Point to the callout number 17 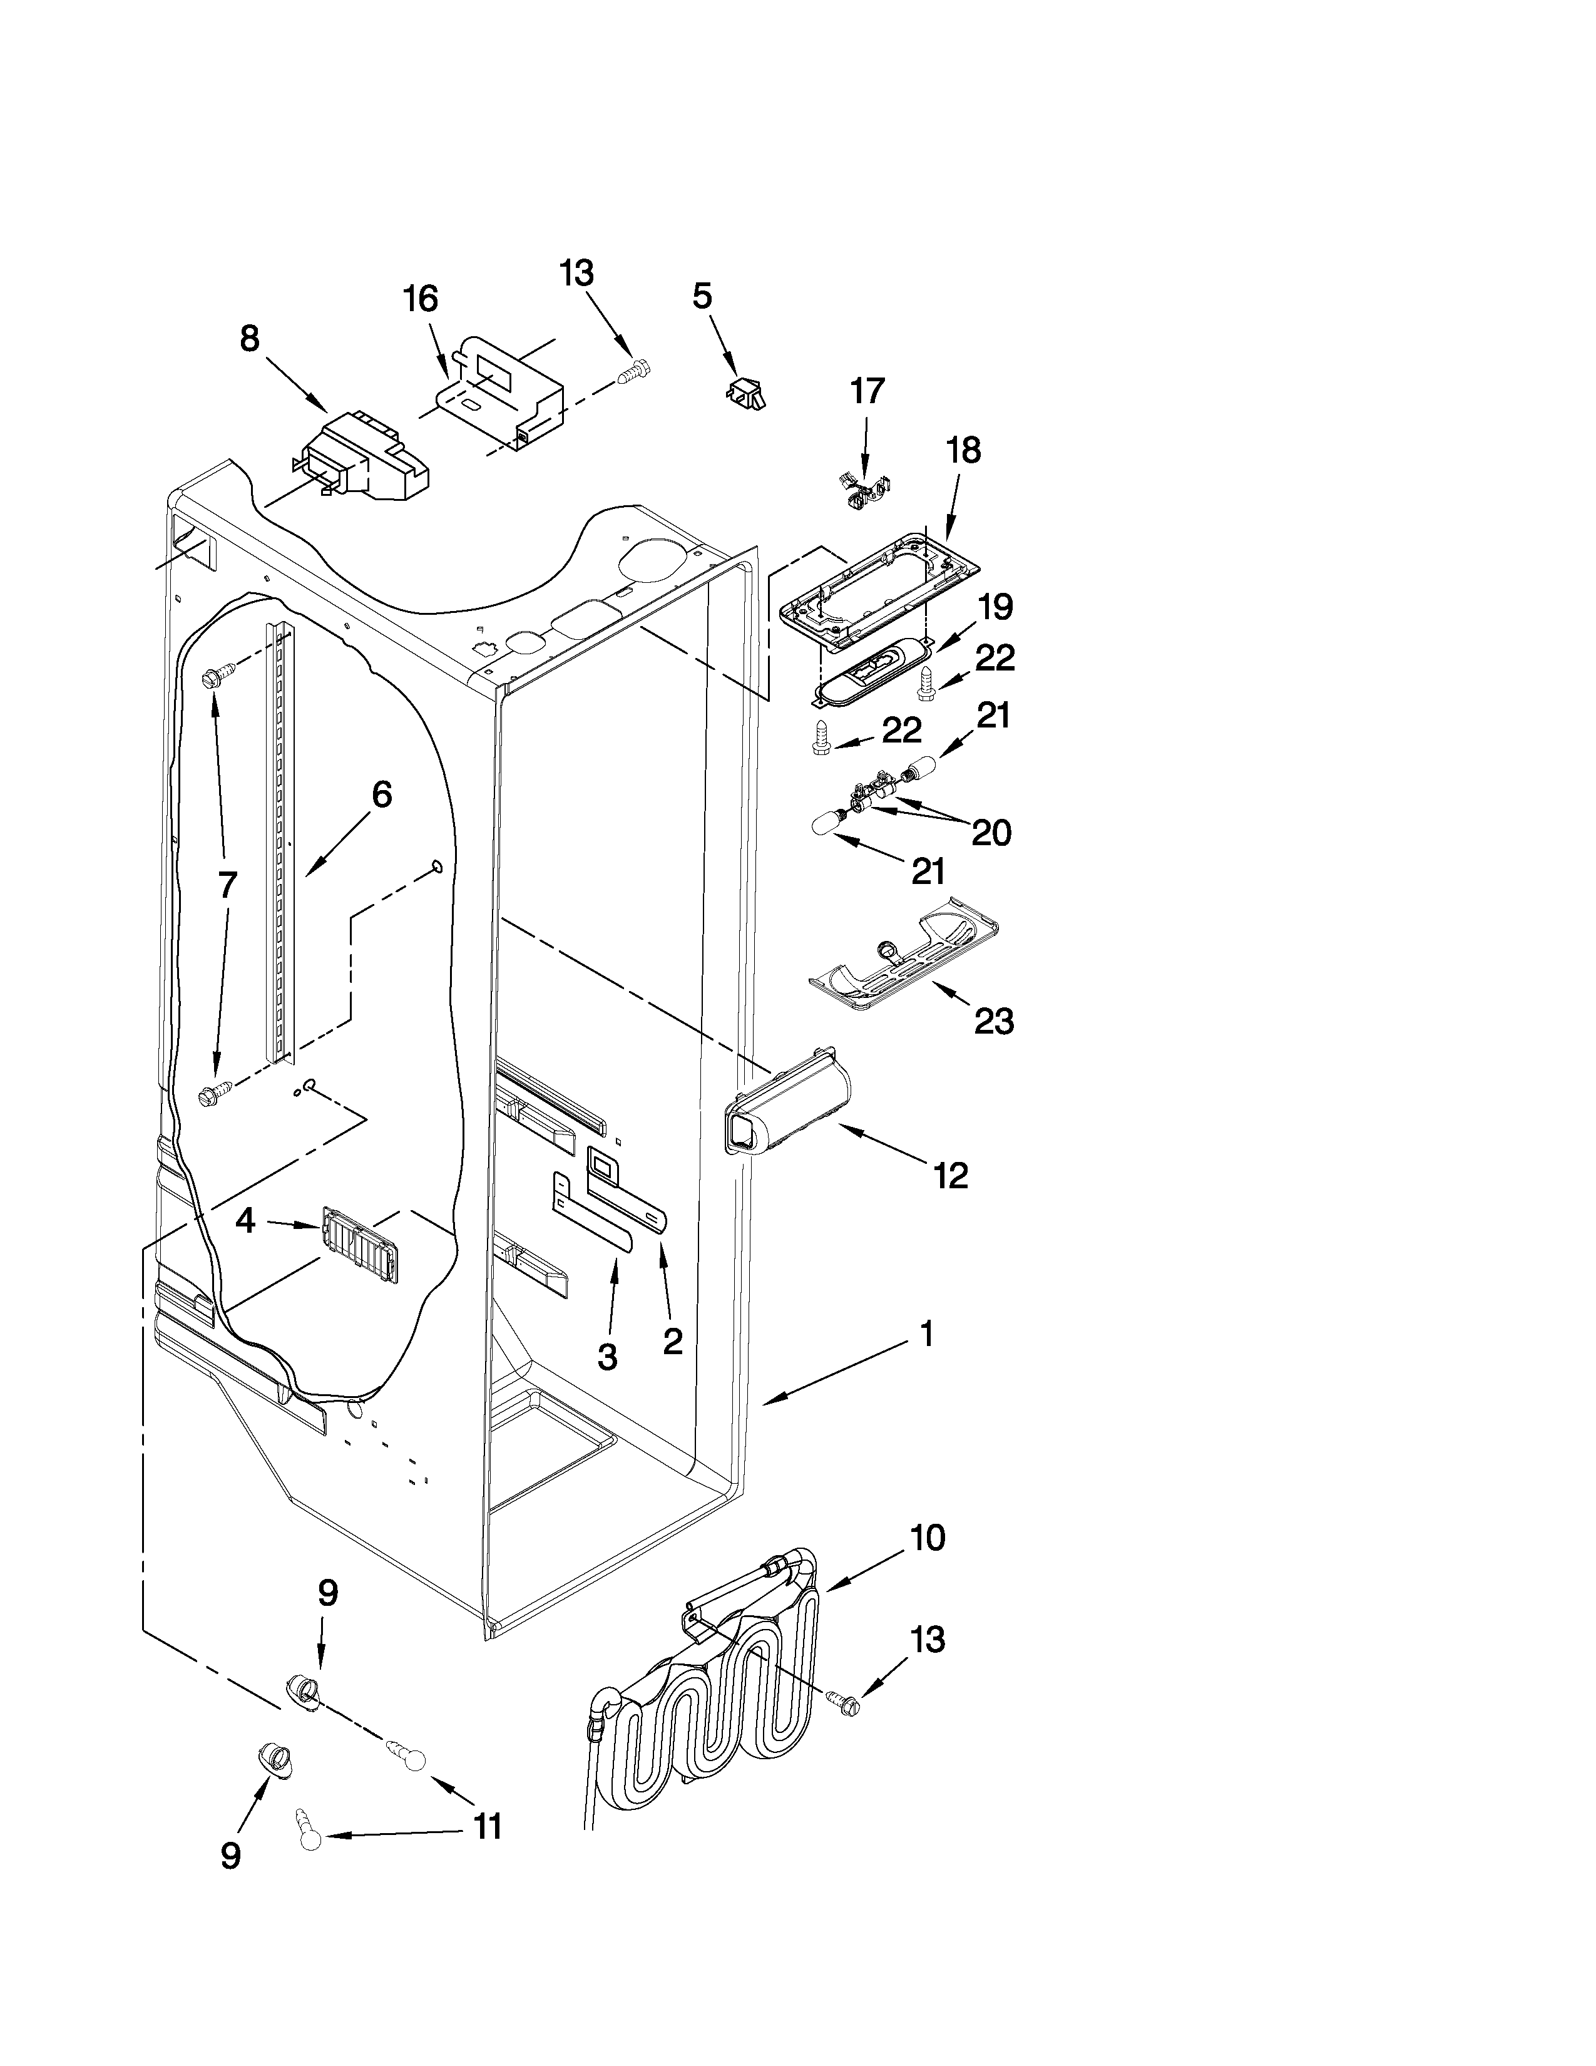(867, 391)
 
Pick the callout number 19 (995, 607)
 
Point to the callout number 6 (381, 794)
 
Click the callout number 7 (227, 885)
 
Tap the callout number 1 (926, 1334)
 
